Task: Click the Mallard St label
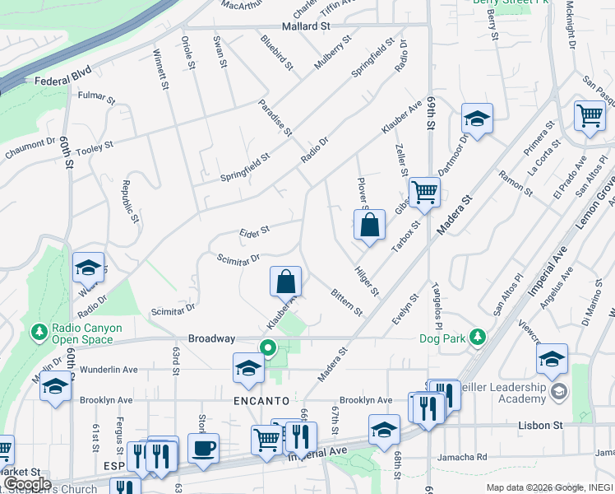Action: click(305, 26)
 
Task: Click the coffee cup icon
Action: click(203, 448)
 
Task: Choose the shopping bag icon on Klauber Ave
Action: click(285, 282)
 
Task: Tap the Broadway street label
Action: click(212, 338)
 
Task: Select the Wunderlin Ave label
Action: click(109, 370)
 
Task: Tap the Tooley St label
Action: click(96, 145)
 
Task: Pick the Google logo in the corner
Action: click(27, 484)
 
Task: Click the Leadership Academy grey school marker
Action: click(559, 389)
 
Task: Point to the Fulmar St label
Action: click(95, 96)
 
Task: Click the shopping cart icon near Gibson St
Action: click(424, 193)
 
